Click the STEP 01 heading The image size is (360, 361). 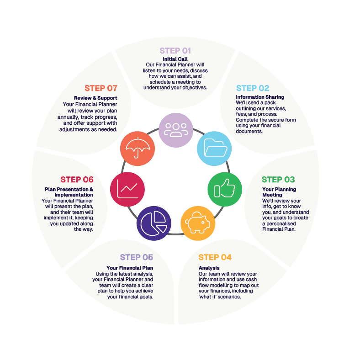point(175,51)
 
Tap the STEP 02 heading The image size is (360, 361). point(253,88)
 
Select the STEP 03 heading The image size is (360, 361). point(278,180)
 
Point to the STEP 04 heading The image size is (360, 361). point(215,257)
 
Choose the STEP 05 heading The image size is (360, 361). point(137,257)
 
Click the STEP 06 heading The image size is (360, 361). point(77,180)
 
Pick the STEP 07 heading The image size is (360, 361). point(101,88)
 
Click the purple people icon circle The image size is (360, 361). point(176,130)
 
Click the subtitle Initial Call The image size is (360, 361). point(175,59)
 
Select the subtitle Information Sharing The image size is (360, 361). point(260,97)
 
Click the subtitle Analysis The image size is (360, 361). point(209,268)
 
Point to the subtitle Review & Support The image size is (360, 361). point(95,98)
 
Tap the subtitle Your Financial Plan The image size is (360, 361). point(130,268)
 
